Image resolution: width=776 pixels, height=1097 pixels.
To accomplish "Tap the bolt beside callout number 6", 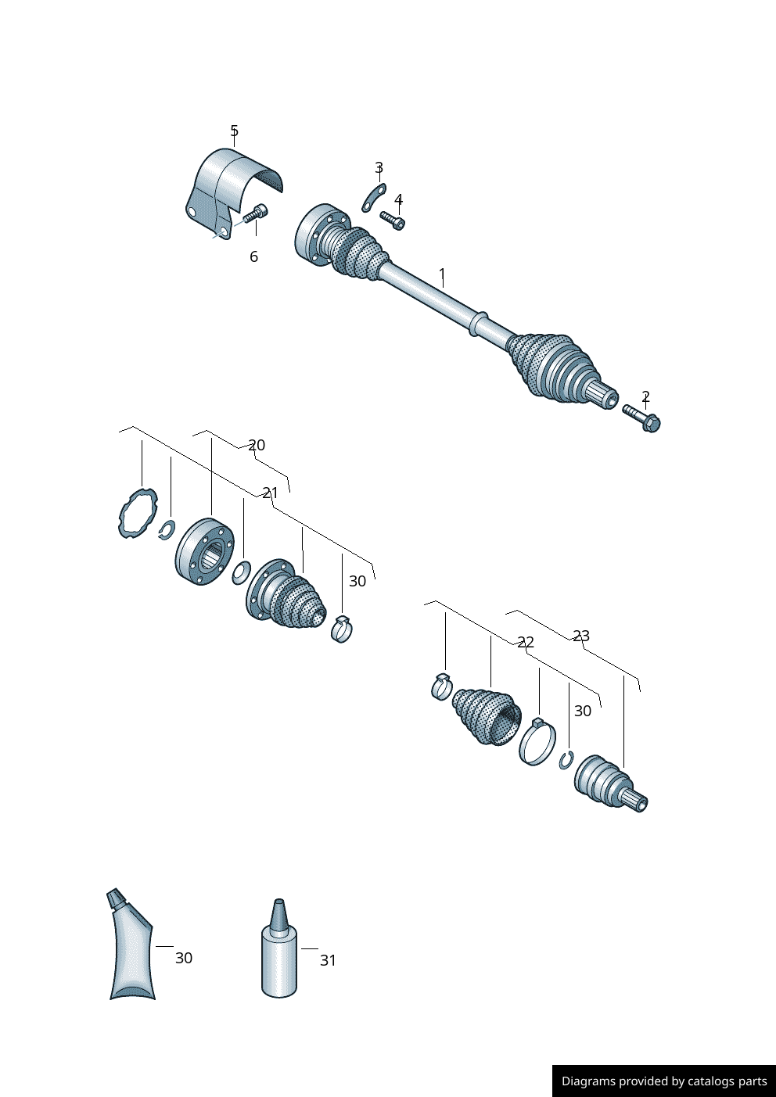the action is click(x=256, y=213).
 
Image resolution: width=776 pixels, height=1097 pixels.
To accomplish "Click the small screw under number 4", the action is click(x=393, y=220).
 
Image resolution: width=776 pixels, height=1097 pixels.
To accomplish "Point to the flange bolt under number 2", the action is click(x=641, y=418).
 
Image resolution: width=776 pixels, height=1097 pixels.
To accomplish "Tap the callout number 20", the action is click(x=257, y=445).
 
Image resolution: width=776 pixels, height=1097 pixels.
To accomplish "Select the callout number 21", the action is click(x=270, y=493).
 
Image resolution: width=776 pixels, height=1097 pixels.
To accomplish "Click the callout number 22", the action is click(x=526, y=642).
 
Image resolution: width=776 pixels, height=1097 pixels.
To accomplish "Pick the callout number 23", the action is click(x=581, y=636).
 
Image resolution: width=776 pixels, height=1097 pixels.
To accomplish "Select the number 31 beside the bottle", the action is click(x=329, y=961).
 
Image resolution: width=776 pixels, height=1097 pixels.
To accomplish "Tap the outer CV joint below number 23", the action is click(x=610, y=783).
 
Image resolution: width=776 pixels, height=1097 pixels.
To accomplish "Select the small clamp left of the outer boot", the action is click(x=442, y=687).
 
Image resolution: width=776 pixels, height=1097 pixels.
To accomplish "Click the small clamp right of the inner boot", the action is click(x=342, y=629).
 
